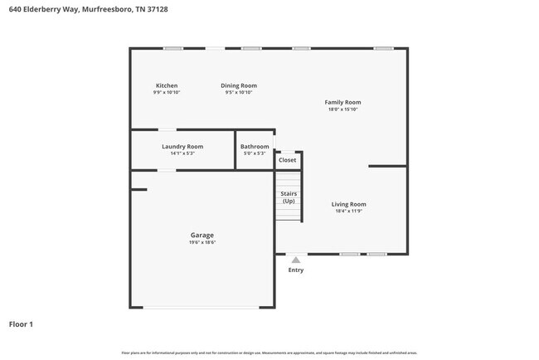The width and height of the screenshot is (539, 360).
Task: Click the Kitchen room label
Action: pos(167,85)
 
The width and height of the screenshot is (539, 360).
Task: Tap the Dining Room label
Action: pos(238,85)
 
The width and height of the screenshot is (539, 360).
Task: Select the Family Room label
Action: pos(342,102)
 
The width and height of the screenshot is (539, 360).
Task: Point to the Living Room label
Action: pos(348,204)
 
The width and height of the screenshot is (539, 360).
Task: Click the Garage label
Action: pos(202,235)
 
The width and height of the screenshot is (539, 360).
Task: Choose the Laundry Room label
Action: pos(182,146)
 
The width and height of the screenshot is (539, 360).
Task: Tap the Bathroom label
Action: pos(255,146)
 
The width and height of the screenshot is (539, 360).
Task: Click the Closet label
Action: pos(287,160)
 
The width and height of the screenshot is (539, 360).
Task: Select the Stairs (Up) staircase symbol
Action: pos(288,197)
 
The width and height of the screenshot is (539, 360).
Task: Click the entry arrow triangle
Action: pos(296,260)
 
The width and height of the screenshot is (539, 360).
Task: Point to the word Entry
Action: pos(296,270)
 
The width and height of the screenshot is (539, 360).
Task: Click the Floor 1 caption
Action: pos(21,324)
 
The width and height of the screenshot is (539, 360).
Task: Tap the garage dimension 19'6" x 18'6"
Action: pos(202,242)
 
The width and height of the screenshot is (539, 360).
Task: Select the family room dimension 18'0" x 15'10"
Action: pos(342,109)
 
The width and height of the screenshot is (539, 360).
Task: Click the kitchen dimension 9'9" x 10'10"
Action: pos(167,93)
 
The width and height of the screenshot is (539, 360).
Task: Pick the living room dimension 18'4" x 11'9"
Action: pos(348,212)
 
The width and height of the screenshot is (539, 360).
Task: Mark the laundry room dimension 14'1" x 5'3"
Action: pos(182,153)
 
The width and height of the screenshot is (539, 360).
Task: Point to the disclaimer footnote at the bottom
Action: pos(269,353)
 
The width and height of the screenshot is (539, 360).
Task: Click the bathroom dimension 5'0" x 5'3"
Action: pos(255,153)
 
